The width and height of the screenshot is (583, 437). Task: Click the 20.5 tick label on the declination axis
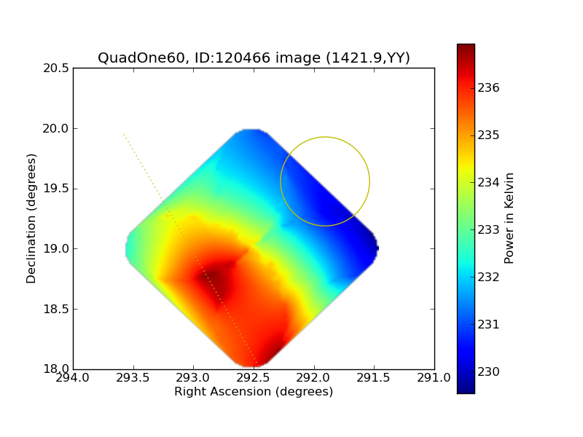[56, 68]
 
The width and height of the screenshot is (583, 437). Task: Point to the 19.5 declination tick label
[56, 189]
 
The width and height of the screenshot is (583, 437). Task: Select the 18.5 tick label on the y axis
[56, 309]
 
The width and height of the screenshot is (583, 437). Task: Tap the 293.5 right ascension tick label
[133, 378]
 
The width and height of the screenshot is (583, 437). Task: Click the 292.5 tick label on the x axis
[253, 378]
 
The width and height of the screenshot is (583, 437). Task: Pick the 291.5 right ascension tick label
[373, 378]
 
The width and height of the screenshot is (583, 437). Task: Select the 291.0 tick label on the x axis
[434, 378]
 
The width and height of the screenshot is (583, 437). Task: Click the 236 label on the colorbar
[488, 88]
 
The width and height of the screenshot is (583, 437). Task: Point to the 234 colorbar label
[488, 183]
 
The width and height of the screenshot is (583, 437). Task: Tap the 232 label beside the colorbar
[488, 277]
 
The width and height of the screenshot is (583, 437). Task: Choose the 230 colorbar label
[488, 371]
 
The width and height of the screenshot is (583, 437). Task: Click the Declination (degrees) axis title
[31, 219]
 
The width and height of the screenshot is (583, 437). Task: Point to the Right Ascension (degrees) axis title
[254, 392]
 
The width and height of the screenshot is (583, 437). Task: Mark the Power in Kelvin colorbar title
[509, 219]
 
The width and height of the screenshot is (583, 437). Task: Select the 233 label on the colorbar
[488, 230]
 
